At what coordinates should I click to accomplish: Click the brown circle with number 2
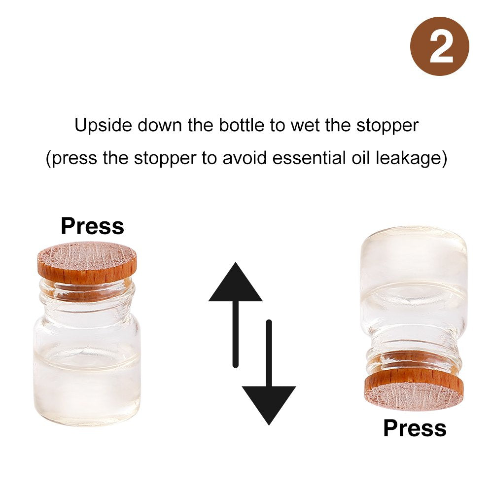click(x=440, y=46)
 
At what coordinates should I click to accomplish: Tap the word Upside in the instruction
click(x=103, y=126)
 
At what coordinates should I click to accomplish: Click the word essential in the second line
click(x=309, y=158)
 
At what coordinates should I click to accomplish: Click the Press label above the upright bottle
click(x=93, y=226)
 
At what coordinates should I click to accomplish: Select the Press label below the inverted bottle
click(x=415, y=428)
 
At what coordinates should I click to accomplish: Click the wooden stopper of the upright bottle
click(x=87, y=263)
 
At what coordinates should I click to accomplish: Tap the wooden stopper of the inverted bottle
click(x=414, y=389)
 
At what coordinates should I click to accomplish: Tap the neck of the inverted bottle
click(x=414, y=349)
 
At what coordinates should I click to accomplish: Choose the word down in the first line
click(x=160, y=125)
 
